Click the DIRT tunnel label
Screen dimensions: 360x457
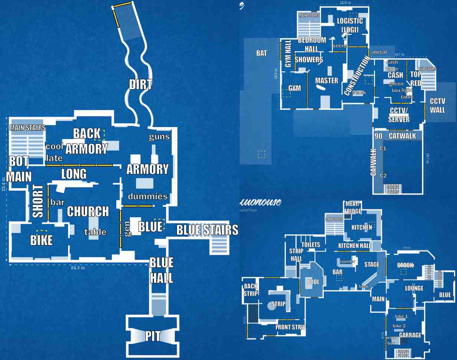(x=141, y=85)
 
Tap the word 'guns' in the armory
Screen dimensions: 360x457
(x=159, y=137)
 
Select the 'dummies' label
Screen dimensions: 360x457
(x=148, y=196)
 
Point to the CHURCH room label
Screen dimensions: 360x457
(x=88, y=212)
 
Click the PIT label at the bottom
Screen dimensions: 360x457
(x=153, y=336)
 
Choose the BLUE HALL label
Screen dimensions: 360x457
(x=161, y=270)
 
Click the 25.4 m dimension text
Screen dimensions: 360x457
(x=4, y=184)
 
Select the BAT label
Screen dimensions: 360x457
(x=262, y=53)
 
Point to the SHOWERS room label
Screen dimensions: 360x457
(x=309, y=60)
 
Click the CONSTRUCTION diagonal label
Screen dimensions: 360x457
(x=357, y=76)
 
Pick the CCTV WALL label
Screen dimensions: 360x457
(x=437, y=105)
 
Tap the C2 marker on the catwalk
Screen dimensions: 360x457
(x=383, y=176)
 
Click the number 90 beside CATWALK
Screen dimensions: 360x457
(x=378, y=136)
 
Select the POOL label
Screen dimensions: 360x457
(x=313, y=282)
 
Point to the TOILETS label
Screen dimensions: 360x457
(x=311, y=245)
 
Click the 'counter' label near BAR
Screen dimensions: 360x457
(x=348, y=261)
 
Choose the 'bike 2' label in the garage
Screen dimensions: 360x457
(x=399, y=326)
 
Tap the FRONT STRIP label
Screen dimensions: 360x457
(x=290, y=327)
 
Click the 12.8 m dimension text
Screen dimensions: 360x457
(x=345, y=3)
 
